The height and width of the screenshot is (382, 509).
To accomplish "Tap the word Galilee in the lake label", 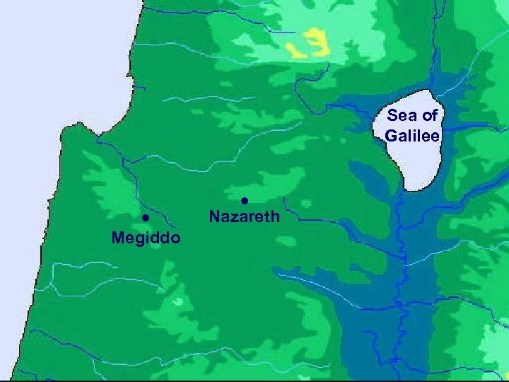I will point(413,135).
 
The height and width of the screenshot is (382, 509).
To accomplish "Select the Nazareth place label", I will point(245,216).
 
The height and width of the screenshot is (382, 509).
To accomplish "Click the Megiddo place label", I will point(146,238).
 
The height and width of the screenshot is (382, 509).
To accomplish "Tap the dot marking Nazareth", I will point(244,200).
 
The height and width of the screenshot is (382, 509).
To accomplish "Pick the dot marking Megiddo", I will point(144,218).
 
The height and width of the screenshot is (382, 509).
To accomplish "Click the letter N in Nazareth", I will point(214,216).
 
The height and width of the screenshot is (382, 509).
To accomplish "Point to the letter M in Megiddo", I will point(117,238).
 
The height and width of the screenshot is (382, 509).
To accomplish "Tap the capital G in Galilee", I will point(392,135).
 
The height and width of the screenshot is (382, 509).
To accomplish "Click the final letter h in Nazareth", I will point(276,216).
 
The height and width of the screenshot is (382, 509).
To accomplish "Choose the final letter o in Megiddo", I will point(176,238).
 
